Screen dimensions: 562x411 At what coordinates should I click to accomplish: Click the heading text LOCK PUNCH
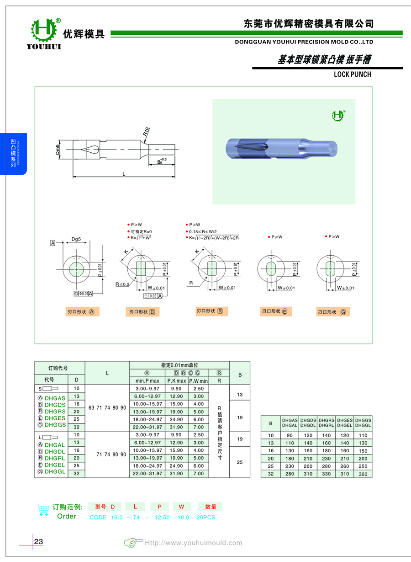pos(353,74)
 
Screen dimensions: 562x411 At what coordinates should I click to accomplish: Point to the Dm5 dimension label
pos(58,150)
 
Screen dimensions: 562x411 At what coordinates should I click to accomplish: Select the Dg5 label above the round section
pos(77,239)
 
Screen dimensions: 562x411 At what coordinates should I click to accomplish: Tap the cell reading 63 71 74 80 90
pos(107,407)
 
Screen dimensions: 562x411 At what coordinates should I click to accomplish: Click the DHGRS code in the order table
pos(55,412)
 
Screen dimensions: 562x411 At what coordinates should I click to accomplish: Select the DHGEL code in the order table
pos(55,465)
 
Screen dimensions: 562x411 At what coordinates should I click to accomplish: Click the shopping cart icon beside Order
pos(42,509)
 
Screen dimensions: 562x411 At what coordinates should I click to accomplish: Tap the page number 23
pos(39,542)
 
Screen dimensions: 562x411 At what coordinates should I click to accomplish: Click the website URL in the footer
pos(193,543)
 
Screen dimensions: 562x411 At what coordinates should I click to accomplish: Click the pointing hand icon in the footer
pos(133,543)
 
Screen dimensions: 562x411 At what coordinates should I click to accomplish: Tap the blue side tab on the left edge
pos(14,153)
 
